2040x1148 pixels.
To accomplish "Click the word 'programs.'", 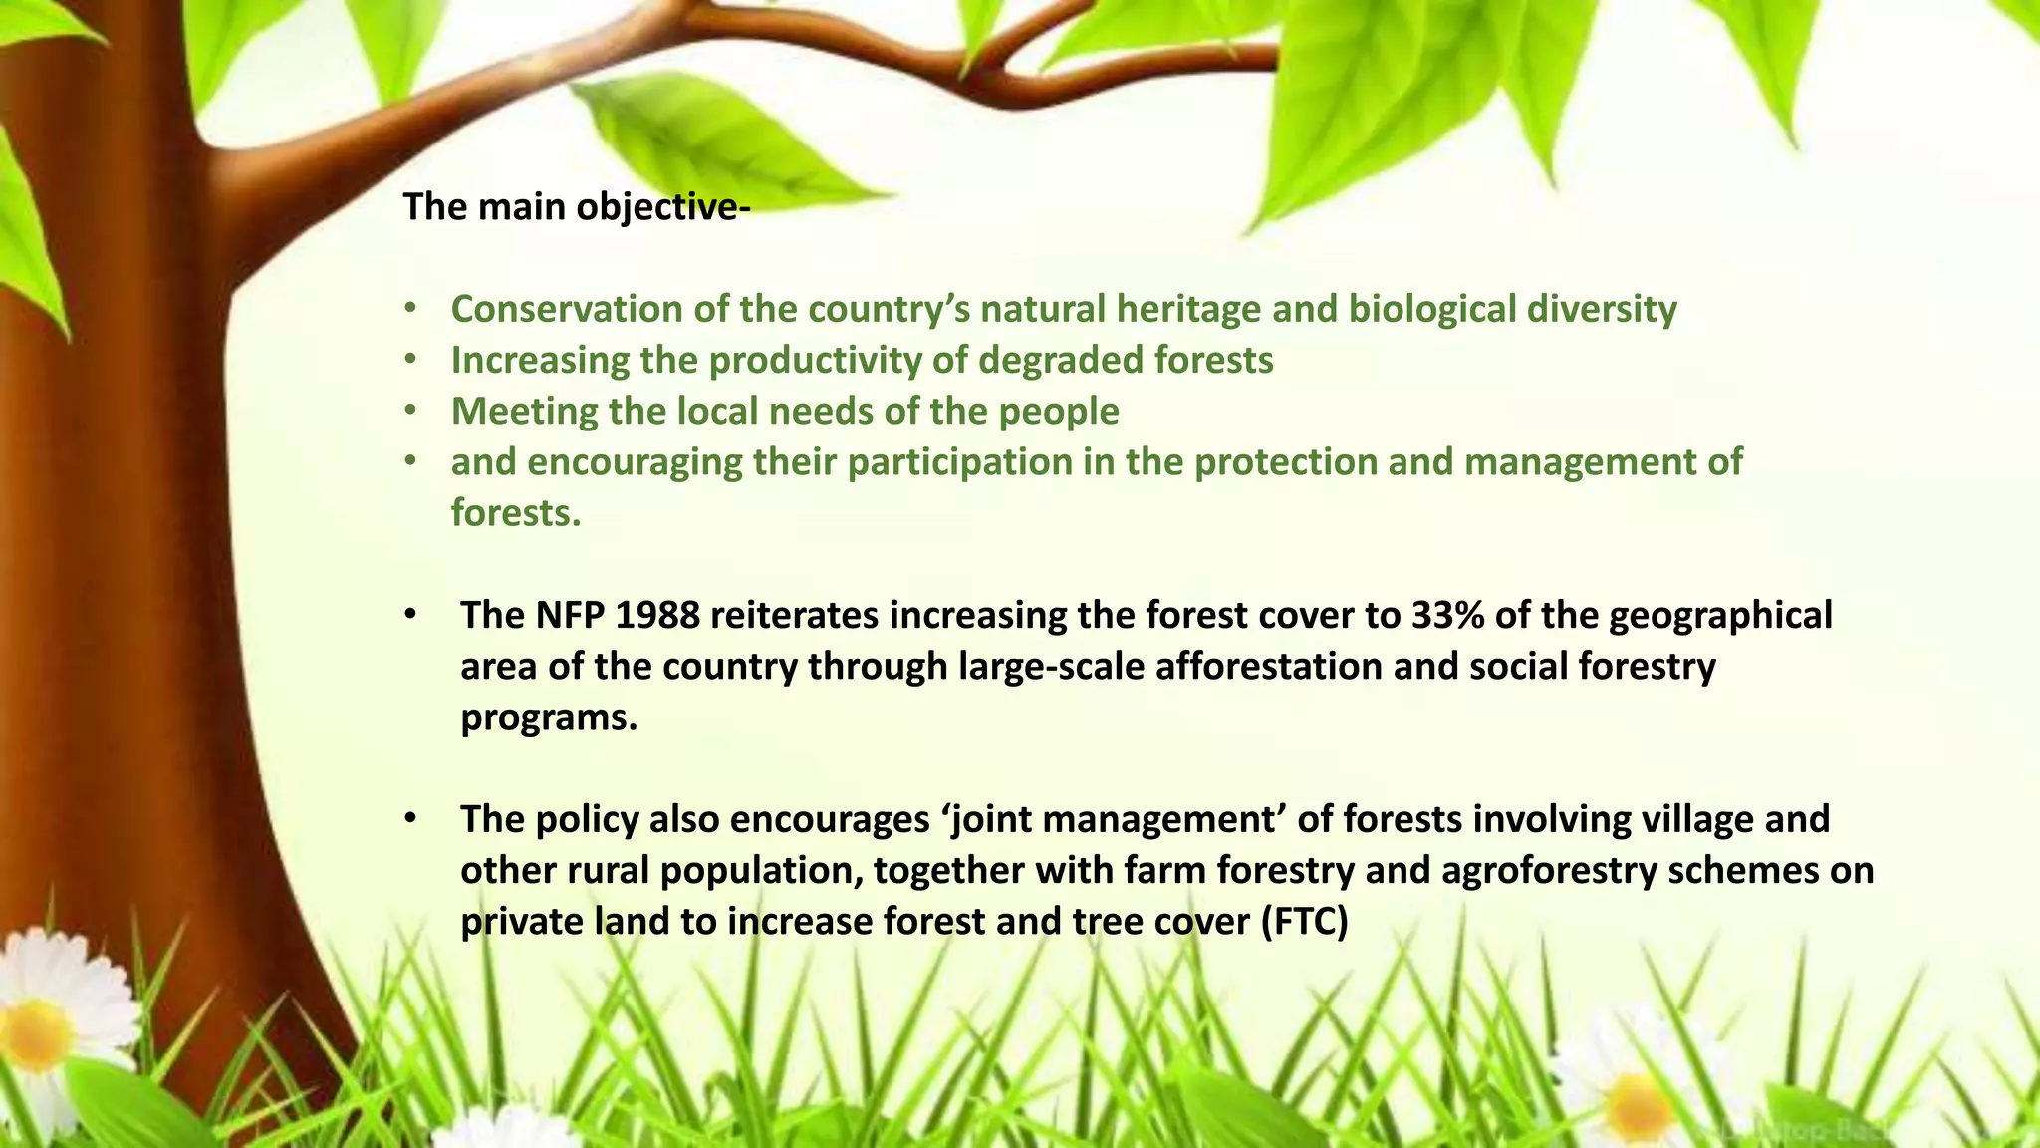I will click(549, 717).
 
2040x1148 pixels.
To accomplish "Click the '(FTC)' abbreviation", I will click(1304, 921).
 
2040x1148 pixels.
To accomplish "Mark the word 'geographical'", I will click(1720, 615).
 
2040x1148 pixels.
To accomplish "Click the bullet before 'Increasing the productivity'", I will click(410, 360).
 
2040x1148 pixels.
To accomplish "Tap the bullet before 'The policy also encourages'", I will click(410, 819).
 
